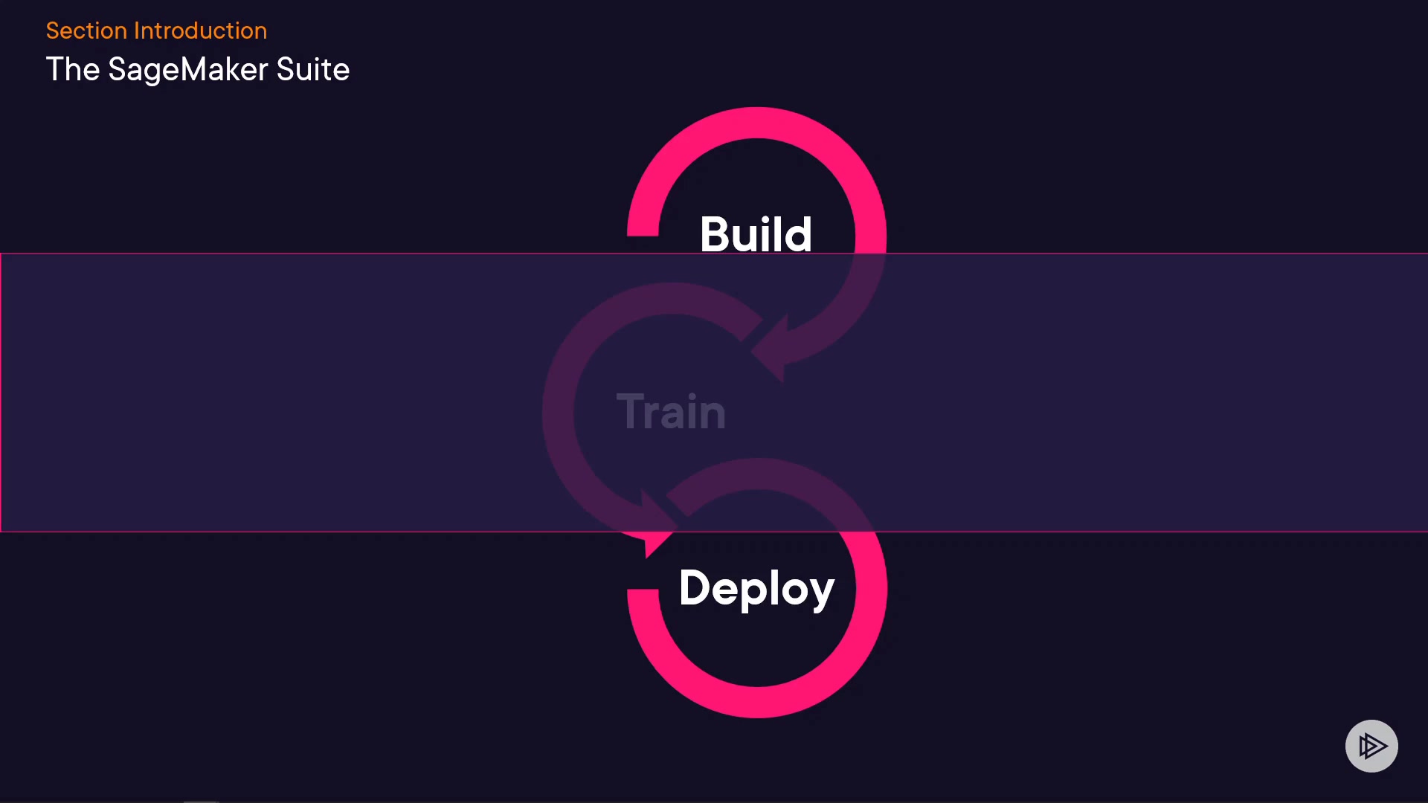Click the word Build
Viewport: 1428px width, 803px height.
click(756, 234)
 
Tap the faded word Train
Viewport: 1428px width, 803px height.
click(671, 411)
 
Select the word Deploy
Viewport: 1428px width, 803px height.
click(756, 588)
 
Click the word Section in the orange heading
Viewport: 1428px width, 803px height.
click(86, 30)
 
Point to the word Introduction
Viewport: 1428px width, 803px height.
click(200, 30)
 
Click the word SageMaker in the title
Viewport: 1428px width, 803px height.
click(187, 70)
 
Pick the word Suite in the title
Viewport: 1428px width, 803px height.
click(312, 70)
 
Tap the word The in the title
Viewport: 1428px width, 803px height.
click(73, 70)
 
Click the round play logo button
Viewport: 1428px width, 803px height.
click(1371, 746)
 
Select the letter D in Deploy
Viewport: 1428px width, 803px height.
click(695, 587)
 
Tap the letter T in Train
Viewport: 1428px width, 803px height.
click(629, 411)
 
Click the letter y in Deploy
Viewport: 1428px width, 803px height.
click(821, 593)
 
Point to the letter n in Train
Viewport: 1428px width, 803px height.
click(712, 415)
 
